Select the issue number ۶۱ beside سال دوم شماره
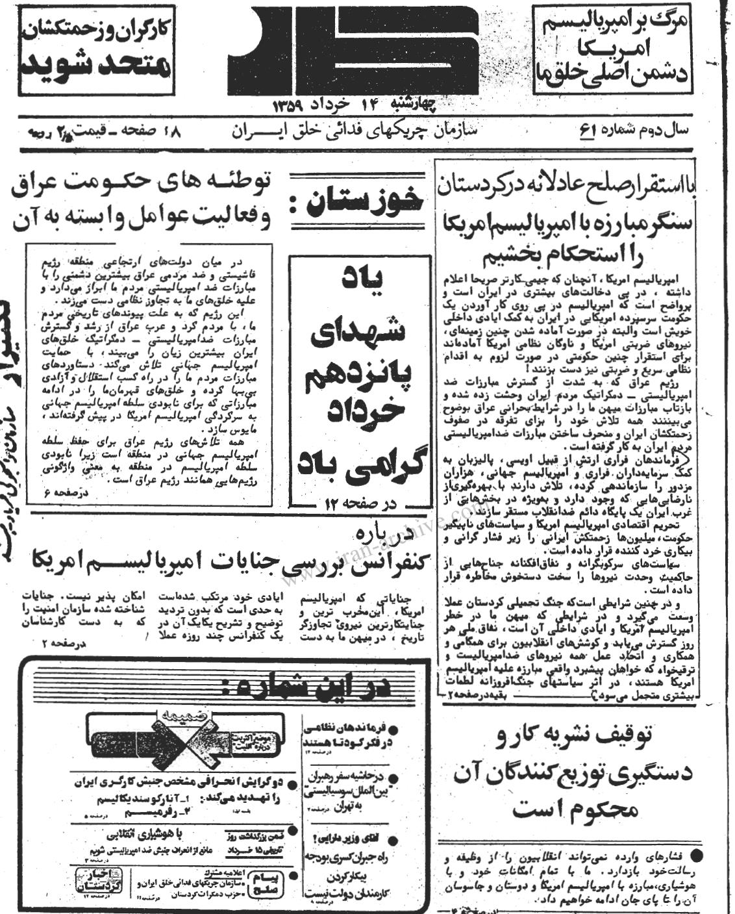tap(588, 129)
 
